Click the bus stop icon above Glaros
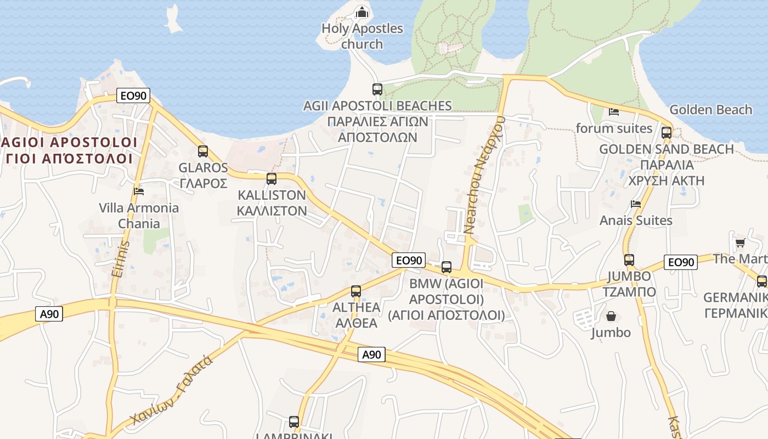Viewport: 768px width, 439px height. (x=203, y=151)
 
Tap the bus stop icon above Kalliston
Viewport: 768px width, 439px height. (x=271, y=178)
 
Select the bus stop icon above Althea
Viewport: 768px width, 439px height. (x=356, y=291)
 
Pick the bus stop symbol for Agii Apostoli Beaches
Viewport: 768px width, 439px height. (x=377, y=89)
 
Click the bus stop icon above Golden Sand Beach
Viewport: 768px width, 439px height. (x=667, y=132)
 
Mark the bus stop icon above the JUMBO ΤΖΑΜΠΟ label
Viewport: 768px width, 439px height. (x=629, y=260)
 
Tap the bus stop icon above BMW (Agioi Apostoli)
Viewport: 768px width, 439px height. (x=447, y=267)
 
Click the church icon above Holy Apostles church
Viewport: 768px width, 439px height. (x=362, y=12)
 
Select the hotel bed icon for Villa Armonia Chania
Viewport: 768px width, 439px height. (x=139, y=191)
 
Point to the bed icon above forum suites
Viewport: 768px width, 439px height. (x=614, y=112)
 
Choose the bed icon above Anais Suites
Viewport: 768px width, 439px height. (x=636, y=204)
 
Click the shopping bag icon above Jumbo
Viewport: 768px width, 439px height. (x=611, y=316)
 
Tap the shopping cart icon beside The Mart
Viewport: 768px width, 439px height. (x=740, y=243)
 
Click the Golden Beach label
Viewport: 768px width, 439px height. (x=710, y=110)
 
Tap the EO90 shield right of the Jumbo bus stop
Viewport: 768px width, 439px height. (x=680, y=262)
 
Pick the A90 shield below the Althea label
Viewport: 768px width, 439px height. (x=371, y=354)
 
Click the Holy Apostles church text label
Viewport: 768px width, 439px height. (x=362, y=36)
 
